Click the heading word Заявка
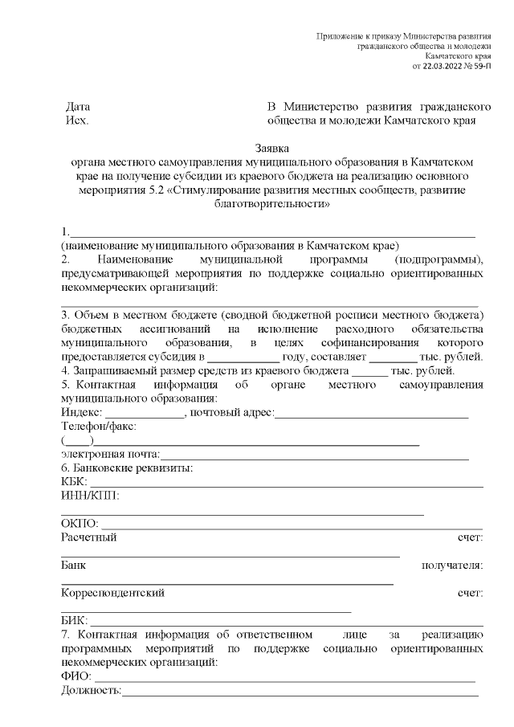click(x=272, y=148)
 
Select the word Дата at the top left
click(x=77, y=107)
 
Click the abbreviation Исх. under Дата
click(x=76, y=121)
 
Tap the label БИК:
click(x=74, y=621)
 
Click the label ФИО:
click(x=75, y=677)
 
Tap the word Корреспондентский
click(x=112, y=593)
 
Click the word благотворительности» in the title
click(x=272, y=204)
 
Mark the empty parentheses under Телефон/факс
click(x=77, y=440)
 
